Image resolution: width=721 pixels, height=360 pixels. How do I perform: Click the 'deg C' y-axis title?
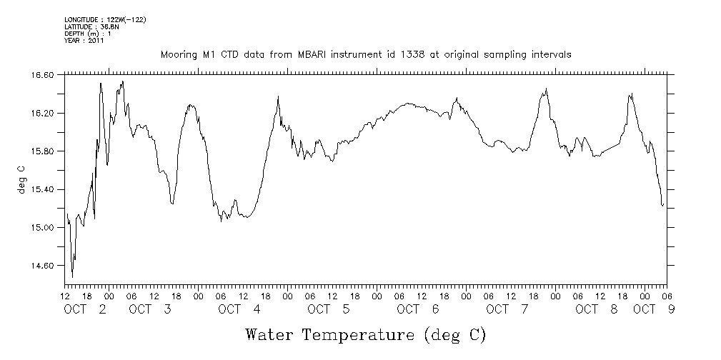point(21,179)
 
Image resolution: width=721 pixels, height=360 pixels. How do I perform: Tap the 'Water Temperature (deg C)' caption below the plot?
point(366,334)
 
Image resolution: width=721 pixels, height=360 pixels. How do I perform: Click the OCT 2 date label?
point(86,309)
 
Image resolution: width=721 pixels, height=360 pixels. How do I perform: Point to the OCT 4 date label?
point(239,309)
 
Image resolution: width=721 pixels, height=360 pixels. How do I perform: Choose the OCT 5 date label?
point(329,309)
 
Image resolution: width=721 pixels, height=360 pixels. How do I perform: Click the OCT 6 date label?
point(418,309)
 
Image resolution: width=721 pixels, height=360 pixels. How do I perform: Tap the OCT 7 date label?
point(507,309)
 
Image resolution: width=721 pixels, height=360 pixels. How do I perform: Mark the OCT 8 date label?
point(597,309)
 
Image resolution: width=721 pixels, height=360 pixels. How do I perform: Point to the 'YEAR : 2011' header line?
point(84,41)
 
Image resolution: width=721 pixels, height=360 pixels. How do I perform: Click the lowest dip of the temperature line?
point(73,277)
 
